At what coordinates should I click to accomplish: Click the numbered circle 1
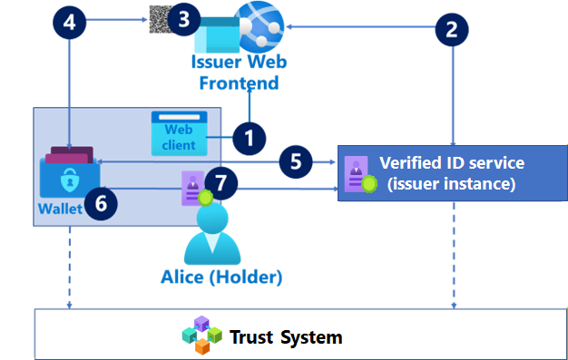[x=248, y=139]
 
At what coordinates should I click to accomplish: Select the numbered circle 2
[x=452, y=28]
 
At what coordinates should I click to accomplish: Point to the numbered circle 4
[x=69, y=20]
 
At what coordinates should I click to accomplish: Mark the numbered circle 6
[x=100, y=203]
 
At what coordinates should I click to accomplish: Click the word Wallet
[x=60, y=209]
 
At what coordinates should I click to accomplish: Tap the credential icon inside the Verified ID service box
[x=356, y=172]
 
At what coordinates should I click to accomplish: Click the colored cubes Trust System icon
[x=201, y=336]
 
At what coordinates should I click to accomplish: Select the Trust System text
[x=286, y=337]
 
